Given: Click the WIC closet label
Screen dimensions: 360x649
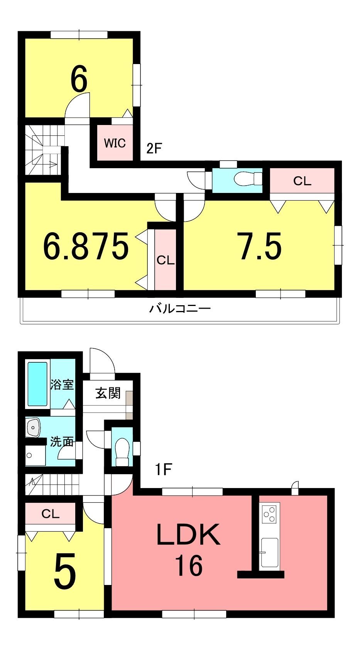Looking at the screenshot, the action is (x=115, y=143).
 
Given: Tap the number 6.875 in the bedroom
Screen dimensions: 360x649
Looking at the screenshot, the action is (x=86, y=246).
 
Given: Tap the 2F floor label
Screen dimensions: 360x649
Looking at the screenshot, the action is (x=154, y=149).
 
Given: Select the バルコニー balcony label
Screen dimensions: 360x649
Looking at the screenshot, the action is (x=180, y=309).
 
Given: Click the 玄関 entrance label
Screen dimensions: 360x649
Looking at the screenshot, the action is (x=108, y=393).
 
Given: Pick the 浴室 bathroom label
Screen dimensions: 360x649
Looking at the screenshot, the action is (x=62, y=384).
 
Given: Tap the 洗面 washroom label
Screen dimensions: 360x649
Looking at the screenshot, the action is (x=62, y=441).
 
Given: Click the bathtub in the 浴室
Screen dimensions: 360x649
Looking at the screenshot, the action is (x=38, y=384).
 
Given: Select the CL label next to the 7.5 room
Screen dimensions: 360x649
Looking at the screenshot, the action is (x=302, y=181).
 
